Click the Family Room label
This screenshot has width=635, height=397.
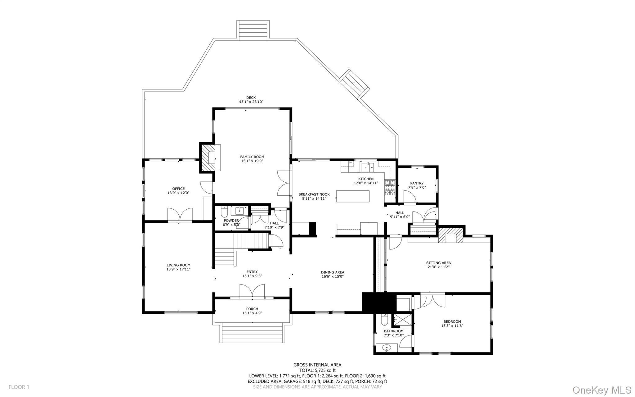(x=252, y=157)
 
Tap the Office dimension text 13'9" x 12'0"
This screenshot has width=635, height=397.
(x=178, y=193)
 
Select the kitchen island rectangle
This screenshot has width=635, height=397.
(x=353, y=196)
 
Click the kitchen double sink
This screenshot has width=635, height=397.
(x=368, y=167)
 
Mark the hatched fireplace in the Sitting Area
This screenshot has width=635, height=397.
(x=450, y=235)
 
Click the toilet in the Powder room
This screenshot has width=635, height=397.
(x=224, y=212)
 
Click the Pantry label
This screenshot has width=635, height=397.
(x=417, y=183)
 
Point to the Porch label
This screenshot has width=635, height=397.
(x=252, y=309)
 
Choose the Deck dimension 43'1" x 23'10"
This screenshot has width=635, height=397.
(x=251, y=102)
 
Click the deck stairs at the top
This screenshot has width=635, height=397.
(x=253, y=30)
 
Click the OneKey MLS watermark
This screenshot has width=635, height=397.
(x=601, y=390)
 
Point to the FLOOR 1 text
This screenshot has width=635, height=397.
(x=19, y=387)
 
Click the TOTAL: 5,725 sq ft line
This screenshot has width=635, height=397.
(x=317, y=370)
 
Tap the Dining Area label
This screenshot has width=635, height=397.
(x=332, y=272)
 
